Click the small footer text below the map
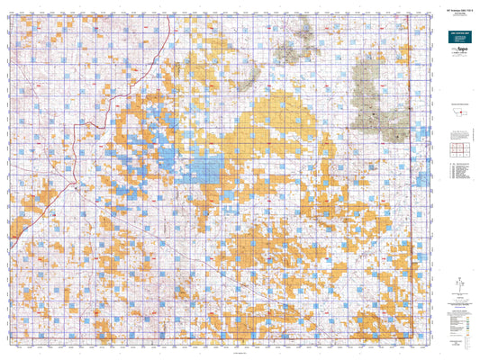coord(216,354)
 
